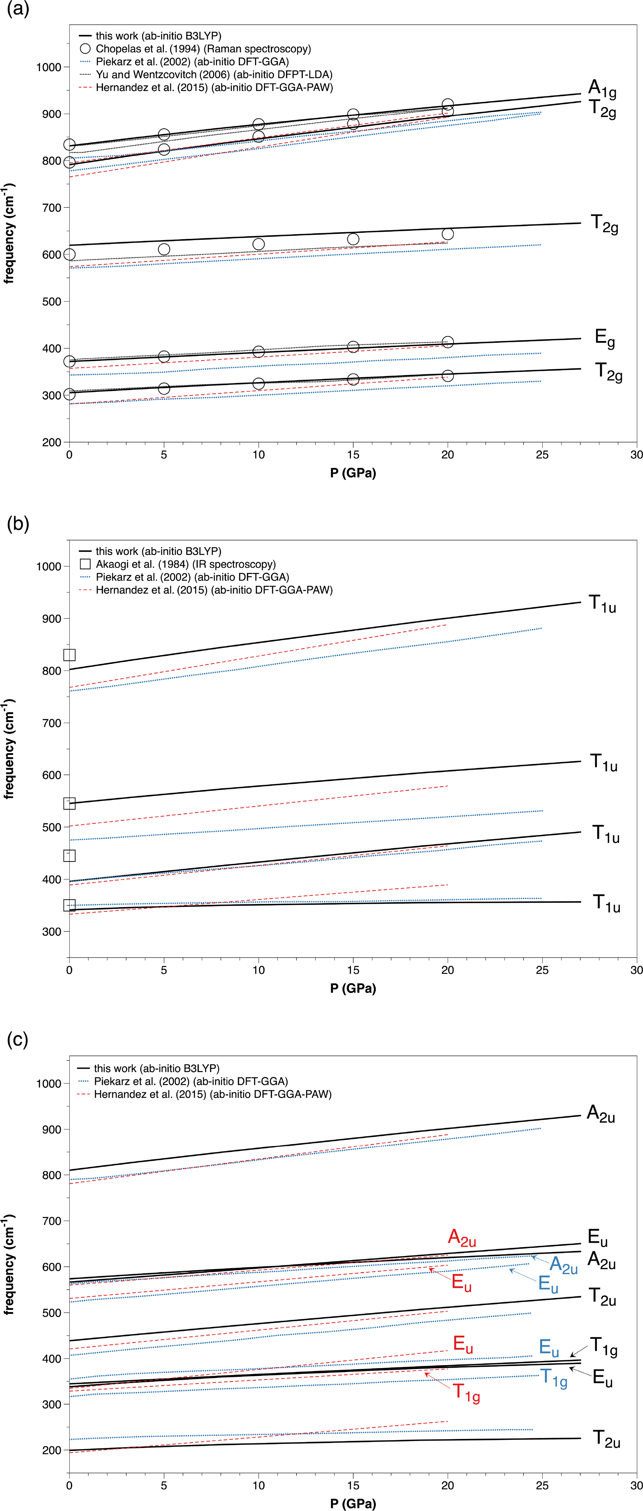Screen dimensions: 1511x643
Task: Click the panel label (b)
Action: [x=18, y=523]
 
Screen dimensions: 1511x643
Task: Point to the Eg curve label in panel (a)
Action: [x=604, y=339]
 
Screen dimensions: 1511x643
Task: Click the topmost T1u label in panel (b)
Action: [x=603, y=603]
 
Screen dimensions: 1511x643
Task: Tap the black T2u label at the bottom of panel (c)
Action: [x=606, y=1438]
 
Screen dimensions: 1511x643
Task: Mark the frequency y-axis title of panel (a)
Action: [x=9, y=233]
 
